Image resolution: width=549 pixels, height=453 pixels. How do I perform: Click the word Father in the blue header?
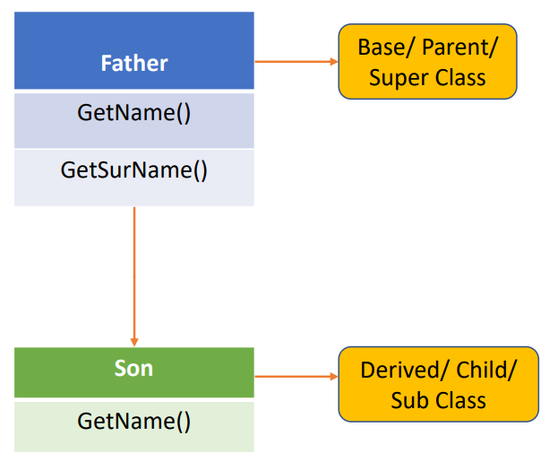(134, 63)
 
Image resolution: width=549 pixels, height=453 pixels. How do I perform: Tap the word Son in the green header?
(133, 369)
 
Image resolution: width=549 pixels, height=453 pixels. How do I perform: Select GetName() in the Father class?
(134, 113)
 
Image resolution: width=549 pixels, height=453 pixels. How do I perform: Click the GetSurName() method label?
(134, 170)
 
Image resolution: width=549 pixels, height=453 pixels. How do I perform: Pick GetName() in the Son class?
(134, 421)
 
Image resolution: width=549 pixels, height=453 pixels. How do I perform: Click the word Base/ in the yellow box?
(386, 48)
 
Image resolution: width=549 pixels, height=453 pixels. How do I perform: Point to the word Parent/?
(459, 48)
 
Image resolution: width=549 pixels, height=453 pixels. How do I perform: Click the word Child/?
(486, 370)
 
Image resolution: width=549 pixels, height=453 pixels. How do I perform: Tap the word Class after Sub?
(459, 401)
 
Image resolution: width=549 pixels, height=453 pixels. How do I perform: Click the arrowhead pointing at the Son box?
(134, 342)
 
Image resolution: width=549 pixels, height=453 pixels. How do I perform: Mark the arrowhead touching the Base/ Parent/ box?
(334, 62)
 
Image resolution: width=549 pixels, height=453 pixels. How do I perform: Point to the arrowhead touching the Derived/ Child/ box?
(334, 377)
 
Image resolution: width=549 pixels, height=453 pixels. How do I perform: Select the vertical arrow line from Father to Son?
(134, 276)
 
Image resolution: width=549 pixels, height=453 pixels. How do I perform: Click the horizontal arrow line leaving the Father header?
(296, 62)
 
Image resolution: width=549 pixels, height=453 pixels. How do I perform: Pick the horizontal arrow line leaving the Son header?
(296, 377)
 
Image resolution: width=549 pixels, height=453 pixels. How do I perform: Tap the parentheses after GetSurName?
(201, 170)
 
